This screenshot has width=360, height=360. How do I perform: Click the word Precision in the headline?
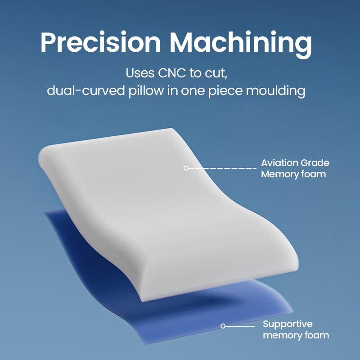click(101, 42)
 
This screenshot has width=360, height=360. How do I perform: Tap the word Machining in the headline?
click(241, 44)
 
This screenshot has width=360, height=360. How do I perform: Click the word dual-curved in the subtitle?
click(85, 90)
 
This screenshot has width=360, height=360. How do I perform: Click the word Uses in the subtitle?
click(140, 73)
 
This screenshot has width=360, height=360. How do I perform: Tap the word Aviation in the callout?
click(279, 163)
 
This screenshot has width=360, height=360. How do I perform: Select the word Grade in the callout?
click(315, 163)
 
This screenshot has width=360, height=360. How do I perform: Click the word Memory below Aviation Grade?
click(279, 175)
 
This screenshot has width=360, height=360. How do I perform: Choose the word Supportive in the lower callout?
click(288, 324)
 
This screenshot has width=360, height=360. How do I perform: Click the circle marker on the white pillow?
click(186, 168)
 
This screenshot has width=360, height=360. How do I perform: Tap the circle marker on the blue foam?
click(223, 326)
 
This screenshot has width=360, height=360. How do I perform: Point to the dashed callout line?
click(222, 168)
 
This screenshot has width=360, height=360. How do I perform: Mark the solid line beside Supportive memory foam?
click(240, 326)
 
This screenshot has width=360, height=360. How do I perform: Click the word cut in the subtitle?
click(216, 74)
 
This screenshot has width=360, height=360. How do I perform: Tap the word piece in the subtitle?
click(225, 91)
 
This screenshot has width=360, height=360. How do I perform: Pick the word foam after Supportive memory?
click(317, 335)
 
